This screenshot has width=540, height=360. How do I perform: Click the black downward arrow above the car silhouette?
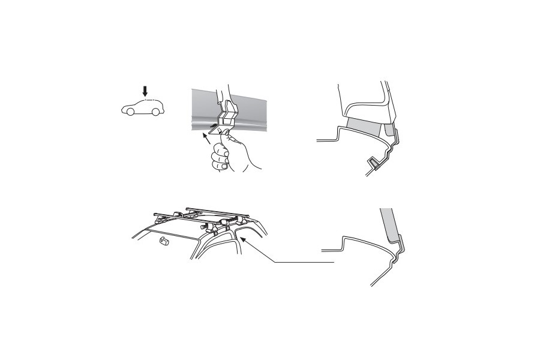coord(145,91)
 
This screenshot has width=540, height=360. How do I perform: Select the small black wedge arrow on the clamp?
coord(214,127)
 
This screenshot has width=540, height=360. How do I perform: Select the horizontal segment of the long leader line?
coord(303,263)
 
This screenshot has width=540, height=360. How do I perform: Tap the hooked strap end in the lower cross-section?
coord(400,245)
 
